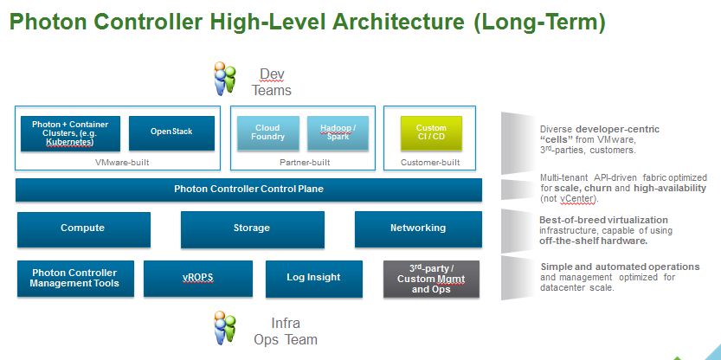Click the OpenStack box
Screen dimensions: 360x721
click(171, 132)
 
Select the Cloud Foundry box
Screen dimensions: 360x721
click(268, 132)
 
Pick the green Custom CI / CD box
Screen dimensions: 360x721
click(431, 132)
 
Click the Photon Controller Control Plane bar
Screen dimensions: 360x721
click(248, 190)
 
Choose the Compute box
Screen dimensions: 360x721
click(82, 228)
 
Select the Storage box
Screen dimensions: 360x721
click(252, 228)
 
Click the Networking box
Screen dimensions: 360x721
click(418, 228)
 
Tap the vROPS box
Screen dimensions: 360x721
click(197, 278)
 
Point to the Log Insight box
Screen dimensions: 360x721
click(313, 278)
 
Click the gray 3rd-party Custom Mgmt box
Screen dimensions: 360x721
click(431, 279)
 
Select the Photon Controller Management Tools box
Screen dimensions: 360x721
click(74, 278)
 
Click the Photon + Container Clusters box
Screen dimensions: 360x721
click(70, 132)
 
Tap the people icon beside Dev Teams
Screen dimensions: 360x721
click(225, 80)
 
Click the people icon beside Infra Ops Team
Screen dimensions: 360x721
click(225, 328)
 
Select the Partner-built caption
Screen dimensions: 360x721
click(303, 162)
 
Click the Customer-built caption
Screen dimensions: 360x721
click(431, 162)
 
